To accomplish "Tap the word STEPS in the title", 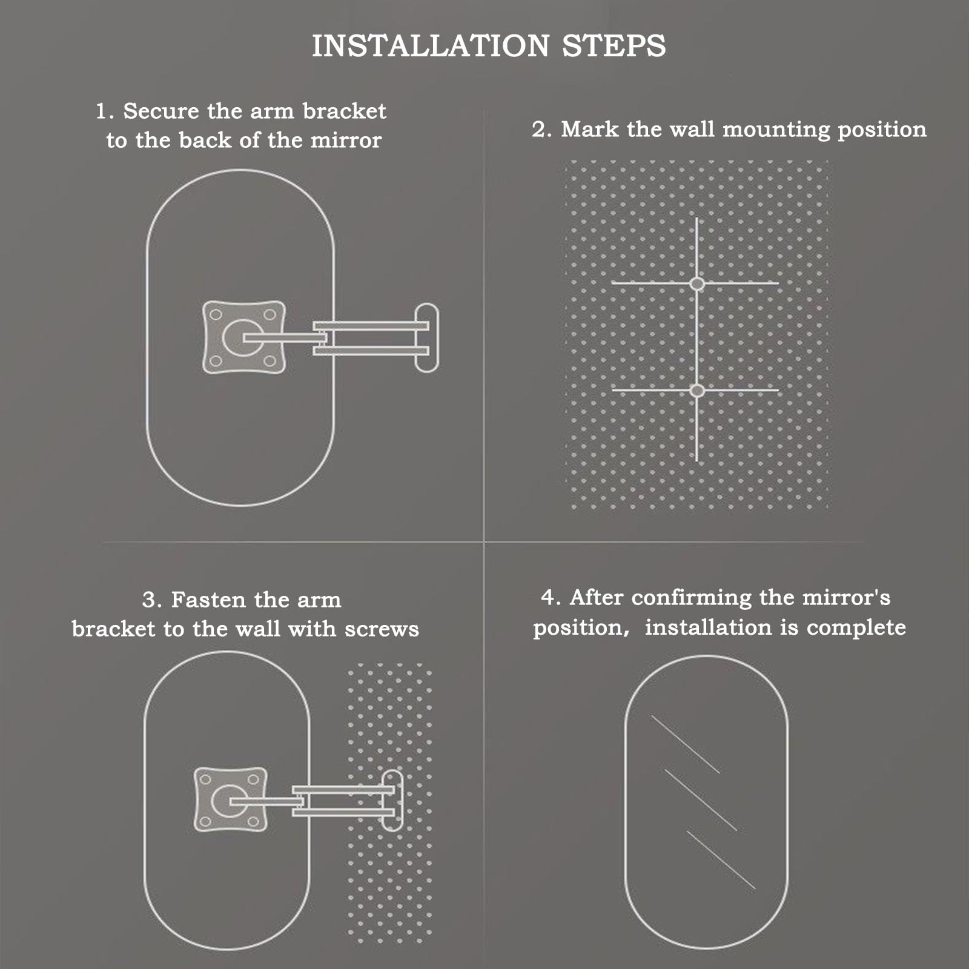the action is point(614,46).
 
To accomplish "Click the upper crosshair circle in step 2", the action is point(697,283).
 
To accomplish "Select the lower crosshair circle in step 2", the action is point(697,391).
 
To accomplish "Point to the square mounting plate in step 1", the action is point(244,337).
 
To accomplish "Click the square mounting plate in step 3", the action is point(231,799).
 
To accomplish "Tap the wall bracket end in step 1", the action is point(427,337).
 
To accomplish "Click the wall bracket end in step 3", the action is point(392,799).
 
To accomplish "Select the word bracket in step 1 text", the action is point(344,111).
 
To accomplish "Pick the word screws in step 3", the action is point(382,630).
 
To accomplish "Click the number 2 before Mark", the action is point(539,130).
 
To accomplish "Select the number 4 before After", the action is point(548,598).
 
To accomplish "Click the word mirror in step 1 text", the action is point(346,141).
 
